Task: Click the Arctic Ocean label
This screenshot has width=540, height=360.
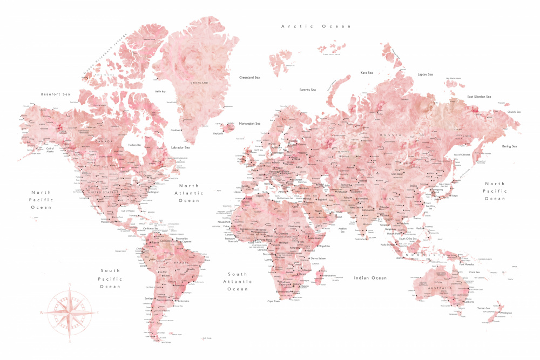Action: tap(316, 26)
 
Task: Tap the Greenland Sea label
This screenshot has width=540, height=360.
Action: tap(250, 78)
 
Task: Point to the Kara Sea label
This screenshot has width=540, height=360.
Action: tap(367, 72)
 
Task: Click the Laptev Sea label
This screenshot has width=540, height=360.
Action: tap(425, 74)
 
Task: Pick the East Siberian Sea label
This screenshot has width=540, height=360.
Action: tap(479, 97)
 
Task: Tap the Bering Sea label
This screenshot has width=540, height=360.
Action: tap(509, 146)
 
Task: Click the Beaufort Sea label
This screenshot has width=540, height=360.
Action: tap(56, 94)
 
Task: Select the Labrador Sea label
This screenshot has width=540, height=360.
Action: tap(180, 147)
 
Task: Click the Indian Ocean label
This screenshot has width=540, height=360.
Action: tap(370, 278)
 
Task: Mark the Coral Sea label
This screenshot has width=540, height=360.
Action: tap(474, 272)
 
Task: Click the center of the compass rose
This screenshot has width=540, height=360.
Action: tap(69, 311)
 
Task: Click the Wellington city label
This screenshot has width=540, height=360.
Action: tap(506, 313)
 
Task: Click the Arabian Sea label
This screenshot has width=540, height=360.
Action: tap(342, 229)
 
